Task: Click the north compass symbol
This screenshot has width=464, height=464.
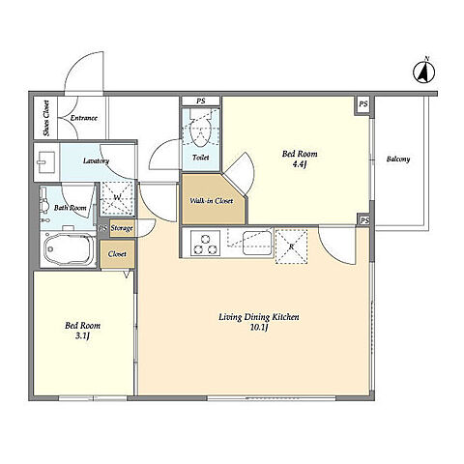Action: click(424, 72)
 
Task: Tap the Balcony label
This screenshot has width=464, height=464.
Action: click(398, 159)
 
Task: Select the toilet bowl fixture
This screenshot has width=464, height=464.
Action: click(200, 129)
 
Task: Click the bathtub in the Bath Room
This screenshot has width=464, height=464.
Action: click(69, 250)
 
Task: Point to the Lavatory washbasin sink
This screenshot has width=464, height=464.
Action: click(46, 162)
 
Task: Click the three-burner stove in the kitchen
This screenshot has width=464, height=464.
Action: click(205, 244)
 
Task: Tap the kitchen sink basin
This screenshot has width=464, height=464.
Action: click(257, 244)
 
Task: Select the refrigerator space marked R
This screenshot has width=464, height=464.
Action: click(291, 246)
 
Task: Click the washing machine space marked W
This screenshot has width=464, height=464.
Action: click(117, 198)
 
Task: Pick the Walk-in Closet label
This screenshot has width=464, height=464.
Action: click(212, 201)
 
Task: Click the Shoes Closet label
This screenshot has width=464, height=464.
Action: click(46, 118)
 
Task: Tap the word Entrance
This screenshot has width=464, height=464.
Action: click(84, 118)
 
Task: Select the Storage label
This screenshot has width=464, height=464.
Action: click(122, 228)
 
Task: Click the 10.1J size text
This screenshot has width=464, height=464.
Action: click(260, 328)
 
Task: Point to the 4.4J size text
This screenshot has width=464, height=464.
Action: click(300, 164)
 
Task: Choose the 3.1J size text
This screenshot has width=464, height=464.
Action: click(82, 336)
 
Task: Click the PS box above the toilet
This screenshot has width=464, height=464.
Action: click(200, 101)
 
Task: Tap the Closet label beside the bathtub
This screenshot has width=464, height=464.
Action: click(117, 254)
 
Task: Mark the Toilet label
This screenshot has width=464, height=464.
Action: click(200, 158)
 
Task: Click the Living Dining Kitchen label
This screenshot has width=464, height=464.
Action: click(259, 317)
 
